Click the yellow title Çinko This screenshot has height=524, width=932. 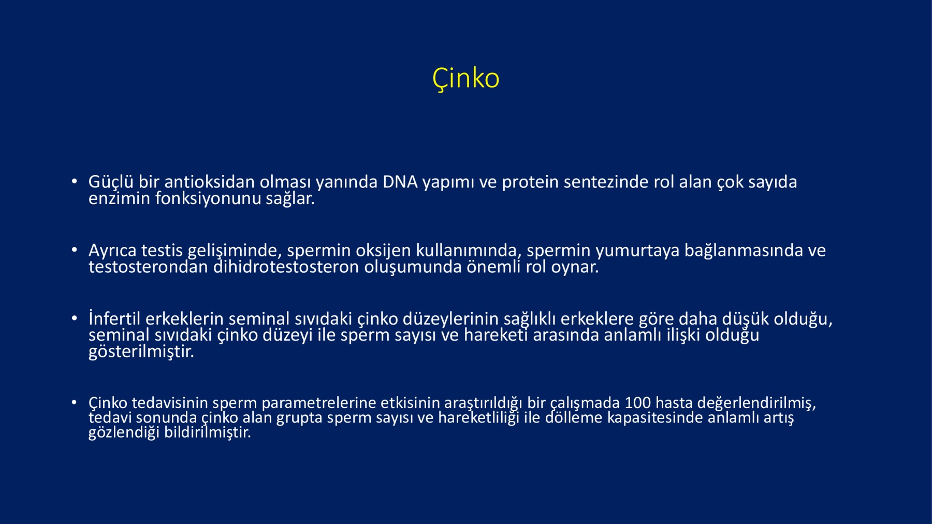[465, 79]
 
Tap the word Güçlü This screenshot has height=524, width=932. [111, 182]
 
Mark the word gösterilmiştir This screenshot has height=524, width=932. [141, 352]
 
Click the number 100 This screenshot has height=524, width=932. [637, 403]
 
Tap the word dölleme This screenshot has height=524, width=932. [574, 417]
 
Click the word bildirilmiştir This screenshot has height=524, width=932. [208, 432]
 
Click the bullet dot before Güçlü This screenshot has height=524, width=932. [75, 182]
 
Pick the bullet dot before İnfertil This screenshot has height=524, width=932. [75, 318]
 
